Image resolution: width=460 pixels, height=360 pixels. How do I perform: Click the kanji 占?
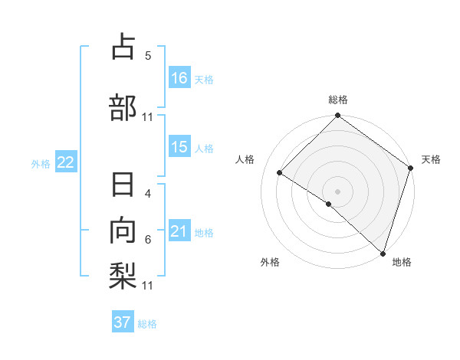pyautogui.click(x=123, y=48)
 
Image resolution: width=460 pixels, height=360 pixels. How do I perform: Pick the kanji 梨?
pyautogui.click(x=123, y=273)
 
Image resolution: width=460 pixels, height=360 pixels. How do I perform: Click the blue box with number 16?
pyautogui.click(x=179, y=77)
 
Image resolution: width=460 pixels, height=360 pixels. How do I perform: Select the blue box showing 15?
pyautogui.click(x=179, y=147)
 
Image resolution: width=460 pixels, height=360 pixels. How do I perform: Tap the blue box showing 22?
pyautogui.click(x=65, y=162)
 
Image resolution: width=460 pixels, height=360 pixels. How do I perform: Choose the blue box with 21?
pyautogui.click(x=179, y=231)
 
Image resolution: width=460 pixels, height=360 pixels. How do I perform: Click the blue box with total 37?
pyautogui.click(x=123, y=322)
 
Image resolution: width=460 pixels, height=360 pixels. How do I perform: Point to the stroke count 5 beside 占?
pyautogui.click(x=148, y=56)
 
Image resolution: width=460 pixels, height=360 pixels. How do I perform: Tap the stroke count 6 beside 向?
pyautogui.click(x=148, y=240)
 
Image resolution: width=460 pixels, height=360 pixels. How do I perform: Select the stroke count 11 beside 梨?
pyautogui.click(x=148, y=286)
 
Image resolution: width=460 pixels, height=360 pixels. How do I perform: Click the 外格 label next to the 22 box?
pyautogui.click(x=41, y=163)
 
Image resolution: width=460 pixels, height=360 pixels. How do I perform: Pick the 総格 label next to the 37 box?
pyautogui.click(x=148, y=324)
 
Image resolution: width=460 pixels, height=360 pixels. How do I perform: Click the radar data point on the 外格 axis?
pyautogui.click(x=329, y=204)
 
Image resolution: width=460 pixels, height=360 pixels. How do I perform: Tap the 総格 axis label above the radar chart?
pyautogui.click(x=338, y=100)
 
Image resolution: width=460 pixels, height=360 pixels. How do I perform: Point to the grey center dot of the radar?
pyautogui.click(x=337, y=191)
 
